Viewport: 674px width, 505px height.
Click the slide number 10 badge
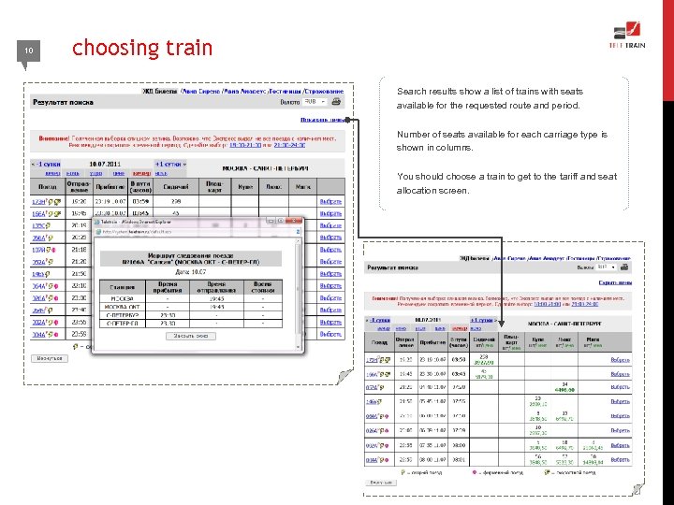[29, 50]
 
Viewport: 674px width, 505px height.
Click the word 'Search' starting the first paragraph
[411, 92]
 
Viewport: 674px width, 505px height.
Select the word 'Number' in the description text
[415, 135]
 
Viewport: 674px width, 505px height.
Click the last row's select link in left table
[330, 333]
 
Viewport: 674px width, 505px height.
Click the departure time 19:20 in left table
[80, 201]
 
